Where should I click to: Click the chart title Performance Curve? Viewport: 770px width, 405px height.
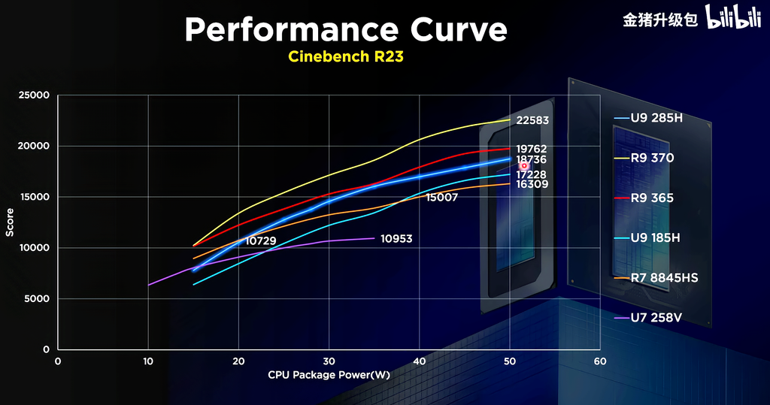click(x=346, y=30)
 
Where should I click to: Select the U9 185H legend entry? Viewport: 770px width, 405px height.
click(x=649, y=238)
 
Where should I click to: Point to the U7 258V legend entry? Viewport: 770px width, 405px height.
click(x=649, y=318)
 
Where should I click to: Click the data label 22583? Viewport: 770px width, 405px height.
click(x=532, y=120)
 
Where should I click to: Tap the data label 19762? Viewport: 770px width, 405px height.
click(x=532, y=150)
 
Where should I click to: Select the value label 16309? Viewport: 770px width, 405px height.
click(x=532, y=184)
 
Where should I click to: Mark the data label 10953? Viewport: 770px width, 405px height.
click(x=396, y=239)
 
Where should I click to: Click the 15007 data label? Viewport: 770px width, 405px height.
click(x=441, y=198)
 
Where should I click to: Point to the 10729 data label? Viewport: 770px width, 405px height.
click(x=261, y=240)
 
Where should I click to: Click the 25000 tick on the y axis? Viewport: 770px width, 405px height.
click(x=34, y=95)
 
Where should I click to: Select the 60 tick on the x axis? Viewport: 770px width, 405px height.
click(x=599, y=361)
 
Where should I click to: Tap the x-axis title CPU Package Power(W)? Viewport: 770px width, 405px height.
click(x=329, y=374)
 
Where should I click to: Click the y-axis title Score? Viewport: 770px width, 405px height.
click(x=10, y=222)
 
